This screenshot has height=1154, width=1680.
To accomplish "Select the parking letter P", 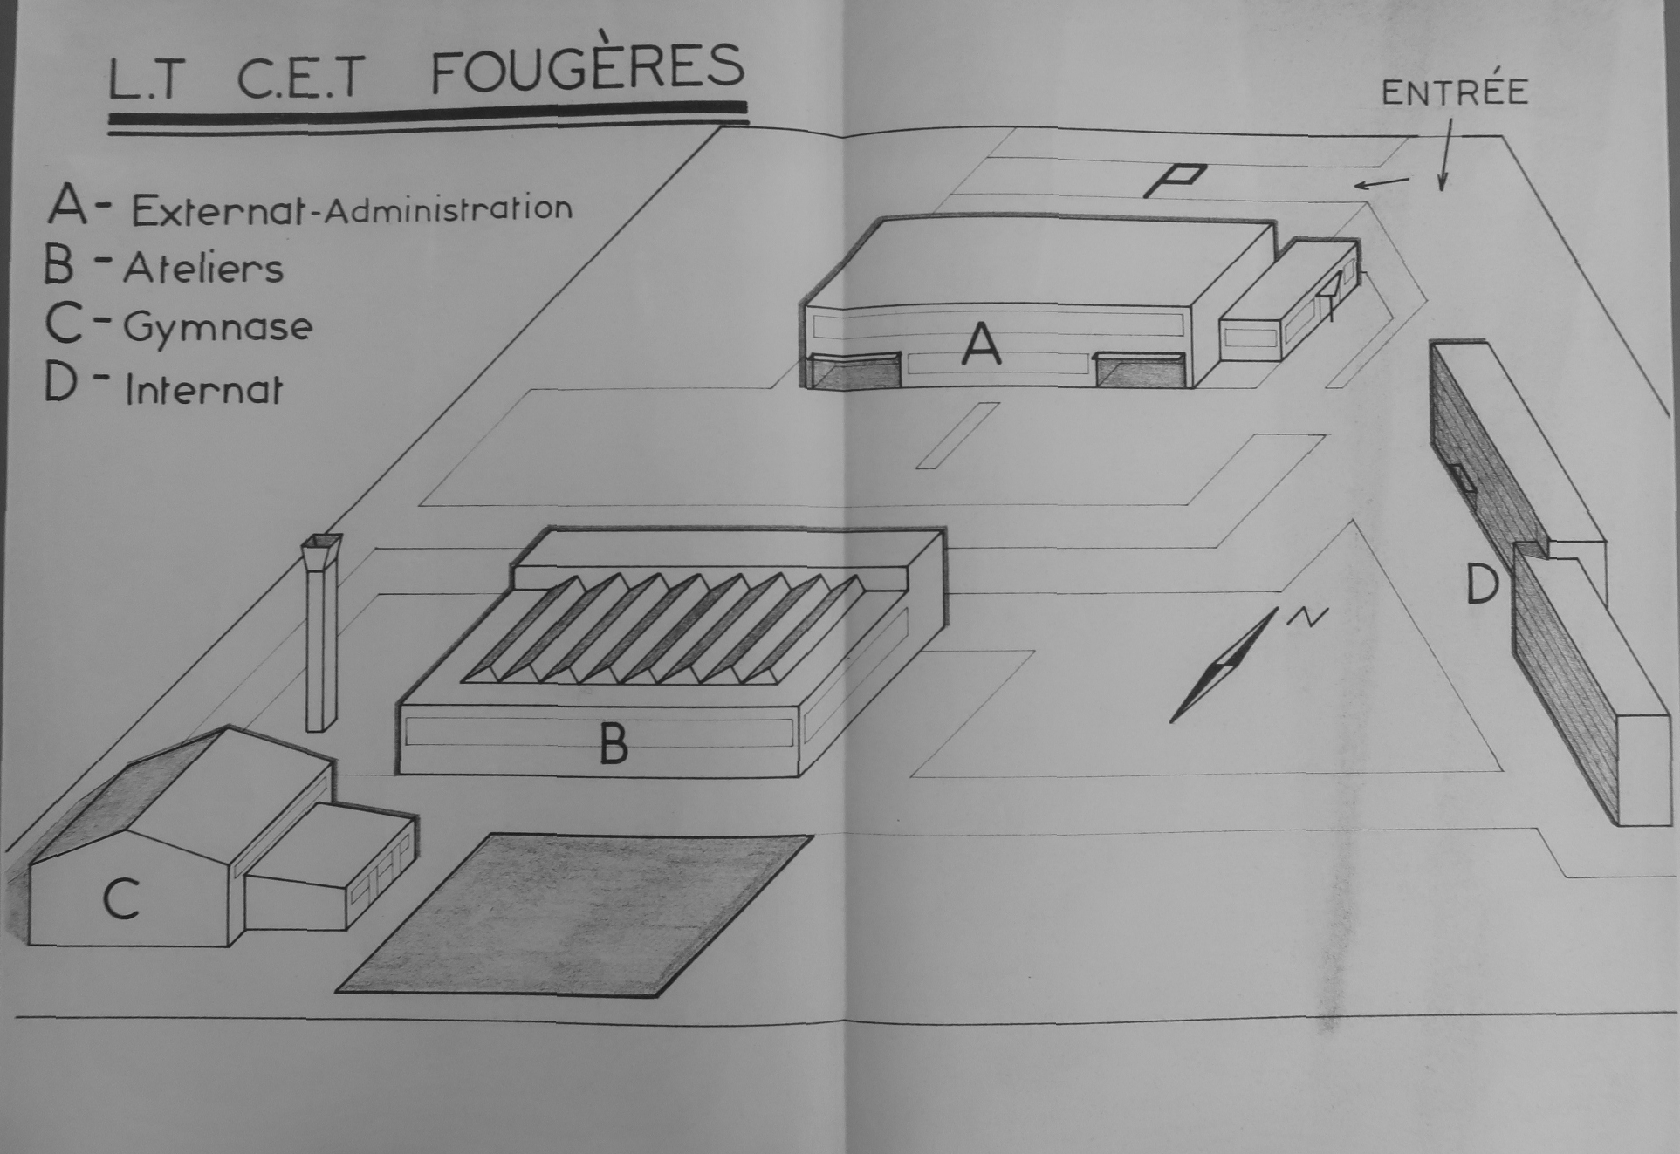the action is coord(1175,181).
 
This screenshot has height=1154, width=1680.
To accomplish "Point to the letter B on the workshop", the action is coord(614,744).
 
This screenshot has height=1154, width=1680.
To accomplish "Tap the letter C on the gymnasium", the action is coord(121,898).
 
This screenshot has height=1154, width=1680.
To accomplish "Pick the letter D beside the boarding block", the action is coord(1482,584).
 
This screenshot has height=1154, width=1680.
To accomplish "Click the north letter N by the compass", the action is coord(1306,617).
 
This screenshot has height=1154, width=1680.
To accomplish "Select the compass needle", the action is coord(1224,665).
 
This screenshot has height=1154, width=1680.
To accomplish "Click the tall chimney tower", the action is coord(321,632).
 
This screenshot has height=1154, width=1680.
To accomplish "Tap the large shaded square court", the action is coord(575,914).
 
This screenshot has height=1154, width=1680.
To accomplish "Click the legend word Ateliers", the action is coord(203,267).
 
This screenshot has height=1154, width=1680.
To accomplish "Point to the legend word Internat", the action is coord(204,389).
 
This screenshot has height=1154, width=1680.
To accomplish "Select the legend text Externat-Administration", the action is coord(352,209).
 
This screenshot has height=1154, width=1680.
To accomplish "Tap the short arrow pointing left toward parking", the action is coord(1382,182).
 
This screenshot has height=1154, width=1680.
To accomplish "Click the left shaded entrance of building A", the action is coord(854,371).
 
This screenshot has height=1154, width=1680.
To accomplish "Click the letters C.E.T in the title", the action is coord(300,77).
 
